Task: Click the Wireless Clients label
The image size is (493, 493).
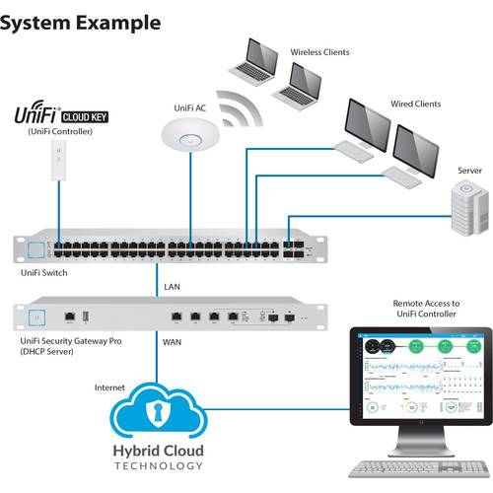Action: click(319, 52)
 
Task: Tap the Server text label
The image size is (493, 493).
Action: click(469, 171)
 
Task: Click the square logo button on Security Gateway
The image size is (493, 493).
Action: click(40, 317)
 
